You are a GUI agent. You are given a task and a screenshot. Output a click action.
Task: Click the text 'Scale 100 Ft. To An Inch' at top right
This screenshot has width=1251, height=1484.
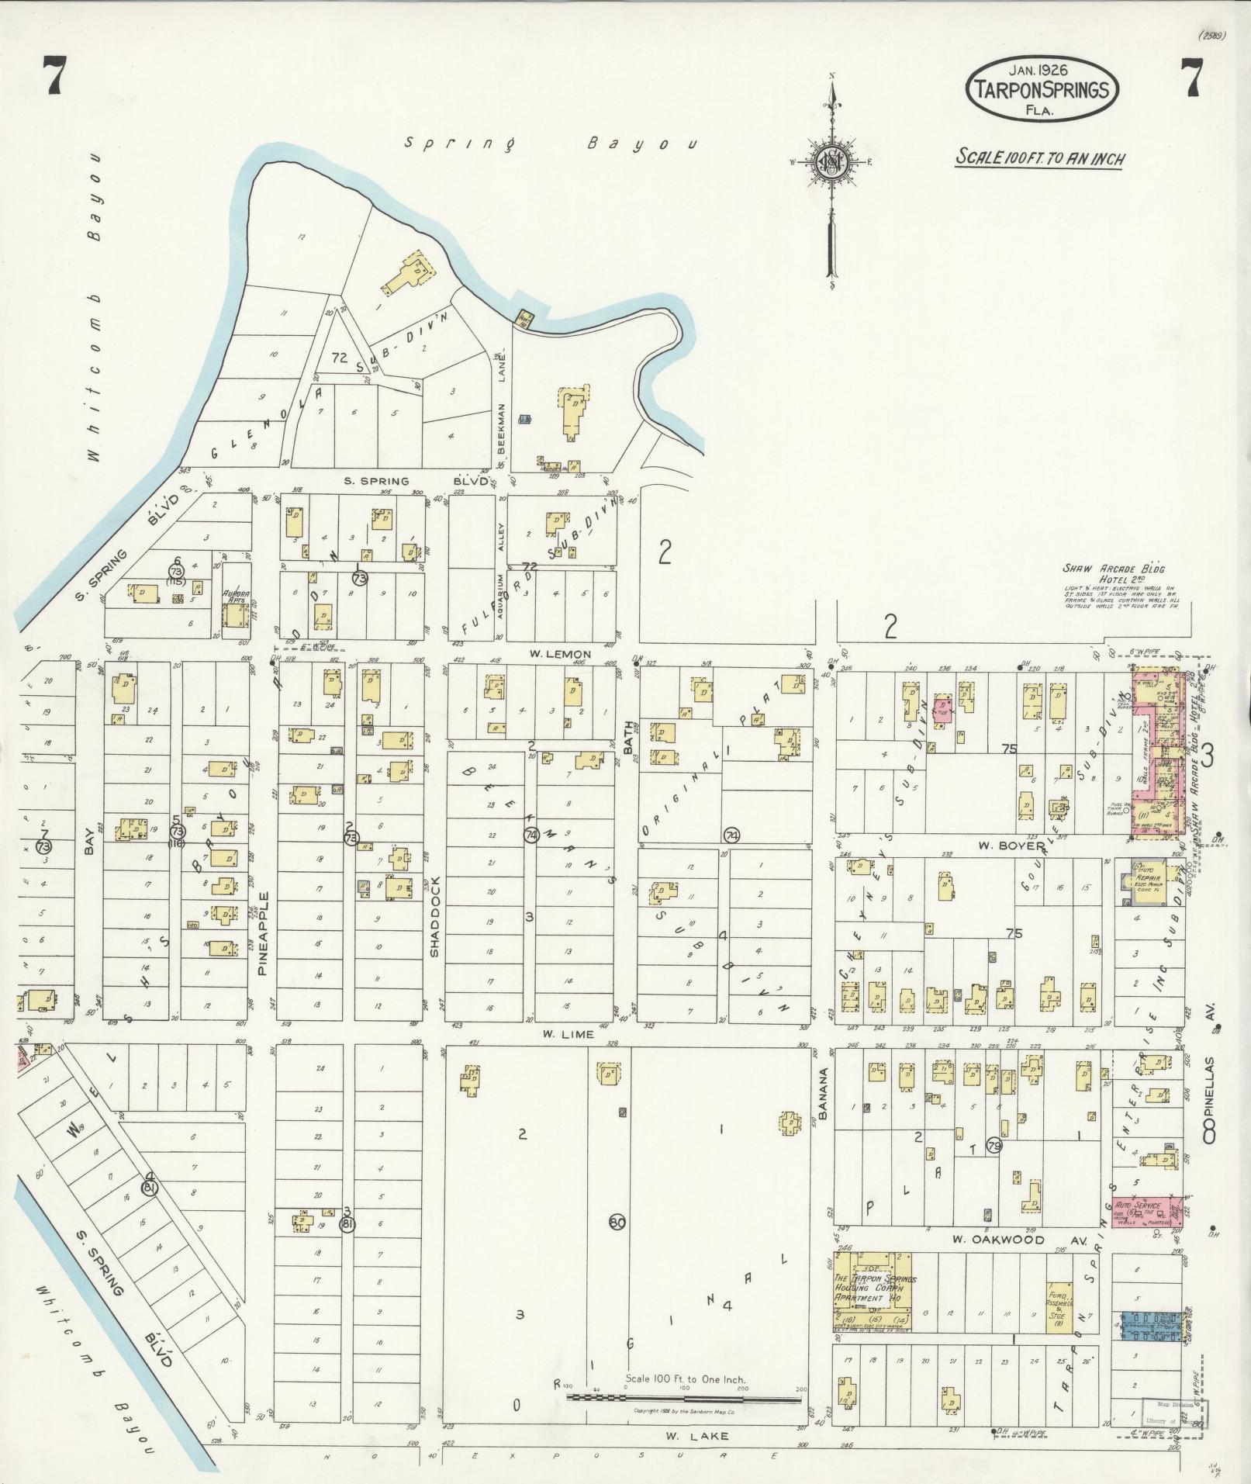[x=1039, y=157]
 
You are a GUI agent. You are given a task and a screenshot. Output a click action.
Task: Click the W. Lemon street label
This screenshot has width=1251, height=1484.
[x=561, y=654]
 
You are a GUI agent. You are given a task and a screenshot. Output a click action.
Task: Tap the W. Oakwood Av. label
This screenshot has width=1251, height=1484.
[x=998, y=1240]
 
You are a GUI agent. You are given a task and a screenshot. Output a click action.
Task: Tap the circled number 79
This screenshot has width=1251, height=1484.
[x=994, y=1145]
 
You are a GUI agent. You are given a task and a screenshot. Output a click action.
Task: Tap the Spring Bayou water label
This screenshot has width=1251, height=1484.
[x=551, y=144]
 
